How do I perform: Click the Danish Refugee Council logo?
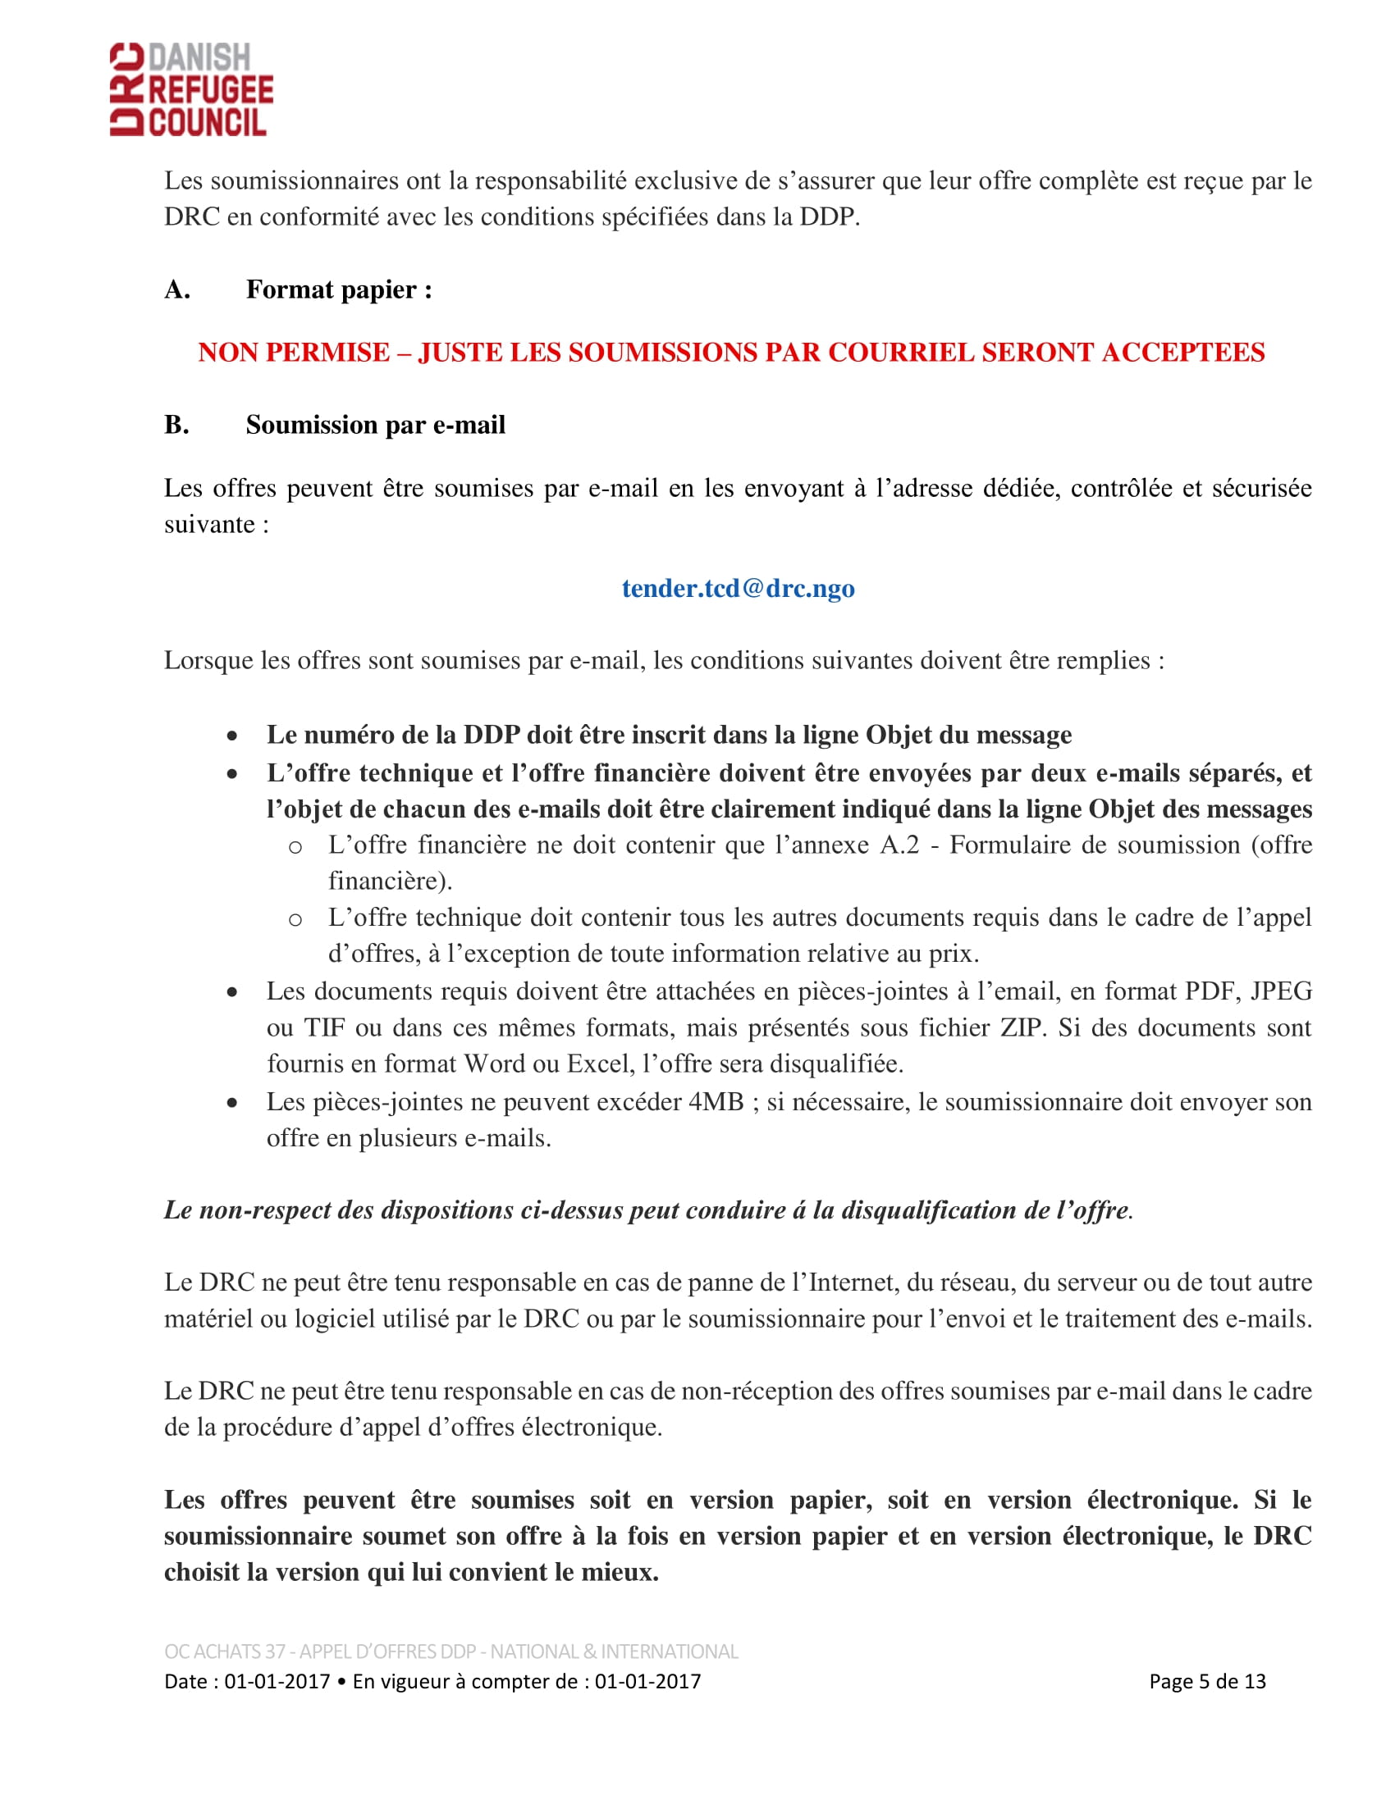(x=191, y=89)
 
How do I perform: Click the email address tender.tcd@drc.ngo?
(x=738, y=588)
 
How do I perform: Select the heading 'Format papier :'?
(x=339, y=290)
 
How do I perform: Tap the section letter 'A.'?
(x=177, y=290)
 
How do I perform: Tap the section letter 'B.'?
(x=176, y=425)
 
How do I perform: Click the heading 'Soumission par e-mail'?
(x=375, y=425)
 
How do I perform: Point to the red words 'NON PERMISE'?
(x=294, y=353)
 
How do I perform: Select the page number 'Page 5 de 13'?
(x=1206, y=1681)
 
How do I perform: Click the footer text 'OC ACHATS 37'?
(x=225, y=1651)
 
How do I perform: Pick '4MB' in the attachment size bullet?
(x=716, y=1102)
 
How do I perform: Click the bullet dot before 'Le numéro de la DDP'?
(x=233, y=736)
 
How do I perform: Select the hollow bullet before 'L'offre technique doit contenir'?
(x=295, y=919)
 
